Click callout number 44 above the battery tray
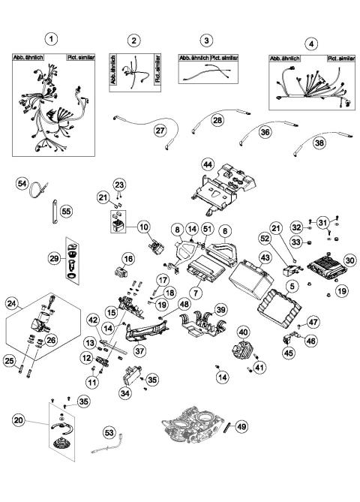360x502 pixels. (207, 163)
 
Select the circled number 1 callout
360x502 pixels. (51, 39)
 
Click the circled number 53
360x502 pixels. (109, 432)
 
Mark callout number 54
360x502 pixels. (22, 183)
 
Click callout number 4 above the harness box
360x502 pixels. (311, 43)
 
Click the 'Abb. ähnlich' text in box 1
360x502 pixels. (28, 58)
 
